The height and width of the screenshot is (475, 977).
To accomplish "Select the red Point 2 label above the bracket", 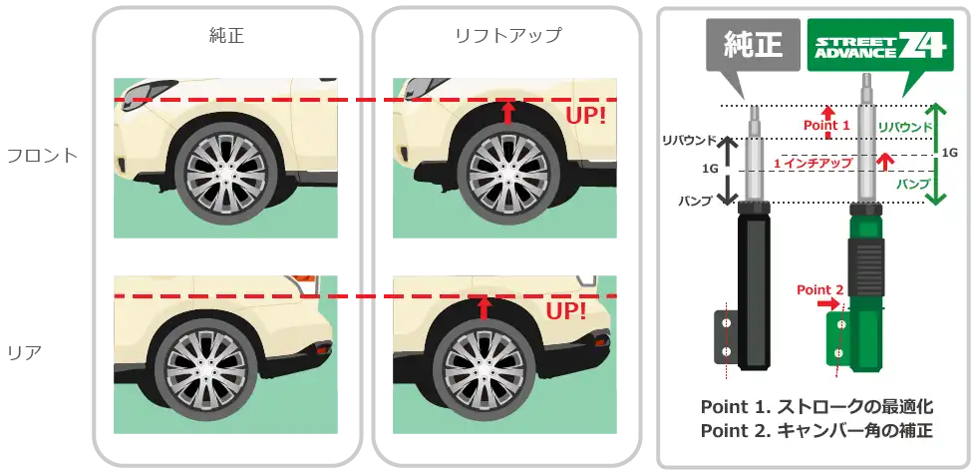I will point(819,289).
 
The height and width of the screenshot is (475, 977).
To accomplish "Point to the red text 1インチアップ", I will point(819,162).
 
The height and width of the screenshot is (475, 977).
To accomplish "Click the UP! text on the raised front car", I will point(585,117).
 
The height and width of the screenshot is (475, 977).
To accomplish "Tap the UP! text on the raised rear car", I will point(565,312).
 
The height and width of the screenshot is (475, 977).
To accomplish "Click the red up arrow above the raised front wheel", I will point(507,111).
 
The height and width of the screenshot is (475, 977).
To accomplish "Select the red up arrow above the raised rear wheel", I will point(486,305).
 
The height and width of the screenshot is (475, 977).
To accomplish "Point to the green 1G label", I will point(949,153).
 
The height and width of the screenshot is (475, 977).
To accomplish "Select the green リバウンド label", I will point(905,127).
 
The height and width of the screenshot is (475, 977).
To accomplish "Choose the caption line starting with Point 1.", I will point(816,407).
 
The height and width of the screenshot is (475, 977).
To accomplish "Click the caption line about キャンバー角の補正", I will point(816,432).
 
